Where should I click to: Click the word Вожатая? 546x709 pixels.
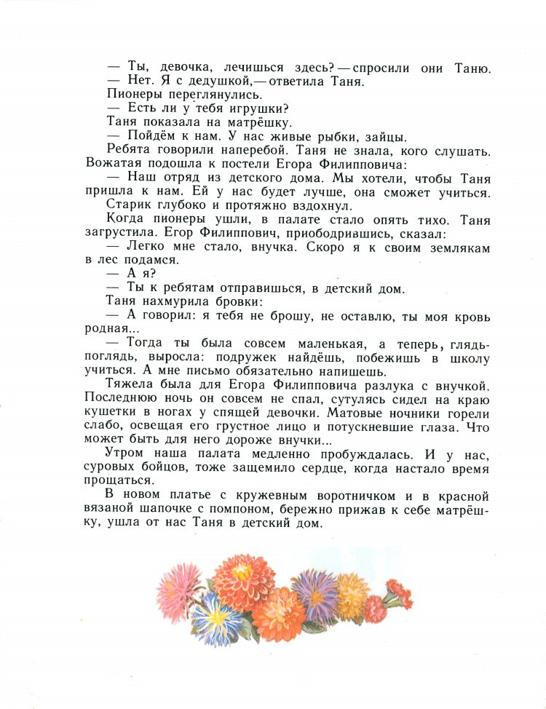click(x=114, y=162)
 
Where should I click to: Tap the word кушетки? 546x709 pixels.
click(x=112, y=412)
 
